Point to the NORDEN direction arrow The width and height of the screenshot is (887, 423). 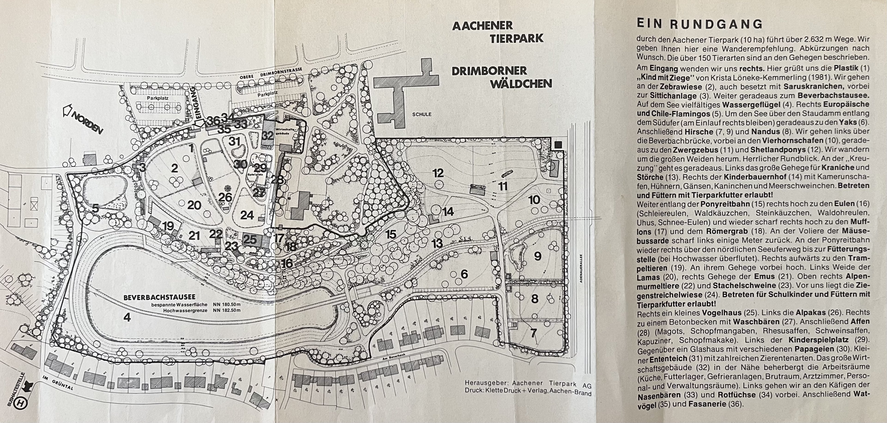(x=83, y=119)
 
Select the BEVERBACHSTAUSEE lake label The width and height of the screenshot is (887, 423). (x=159, y=297)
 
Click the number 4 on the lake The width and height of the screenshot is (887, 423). (x=127, y=317)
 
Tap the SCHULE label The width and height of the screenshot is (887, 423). (x=422, y=114)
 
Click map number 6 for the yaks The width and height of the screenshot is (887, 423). (x=464, y=274)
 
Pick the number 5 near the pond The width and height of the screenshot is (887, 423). (x=95, y=208)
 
